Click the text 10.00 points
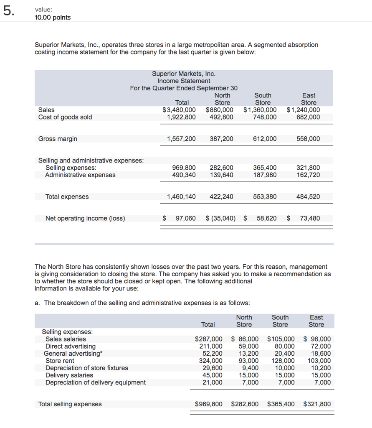53,17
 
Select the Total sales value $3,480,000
180,110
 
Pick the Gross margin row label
58,139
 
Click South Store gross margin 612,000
265,139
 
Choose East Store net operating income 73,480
310,218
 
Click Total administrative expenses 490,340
184,175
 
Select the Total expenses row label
67,196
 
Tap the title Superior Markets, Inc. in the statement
184,74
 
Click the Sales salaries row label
66,339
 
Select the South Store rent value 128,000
283,361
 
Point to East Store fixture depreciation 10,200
321,368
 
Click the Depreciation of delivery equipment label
96,382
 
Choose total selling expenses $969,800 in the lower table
209,404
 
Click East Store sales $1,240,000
304,110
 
